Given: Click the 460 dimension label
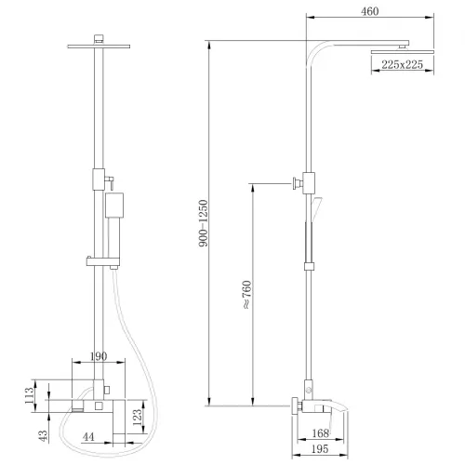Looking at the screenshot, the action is [370, 11].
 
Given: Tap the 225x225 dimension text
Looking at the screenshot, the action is [402, 64].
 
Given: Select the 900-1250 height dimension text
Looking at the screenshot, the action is [204, 223].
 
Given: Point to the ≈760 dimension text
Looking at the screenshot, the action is [246, 295].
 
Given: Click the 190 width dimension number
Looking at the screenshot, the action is [99, 356].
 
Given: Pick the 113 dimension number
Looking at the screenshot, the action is [30, 395].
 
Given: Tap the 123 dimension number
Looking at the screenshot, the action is [137, 418].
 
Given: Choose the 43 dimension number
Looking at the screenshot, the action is [43, 435].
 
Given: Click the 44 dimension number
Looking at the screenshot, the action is [88, 437].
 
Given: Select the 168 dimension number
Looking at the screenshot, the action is [321, 433].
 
